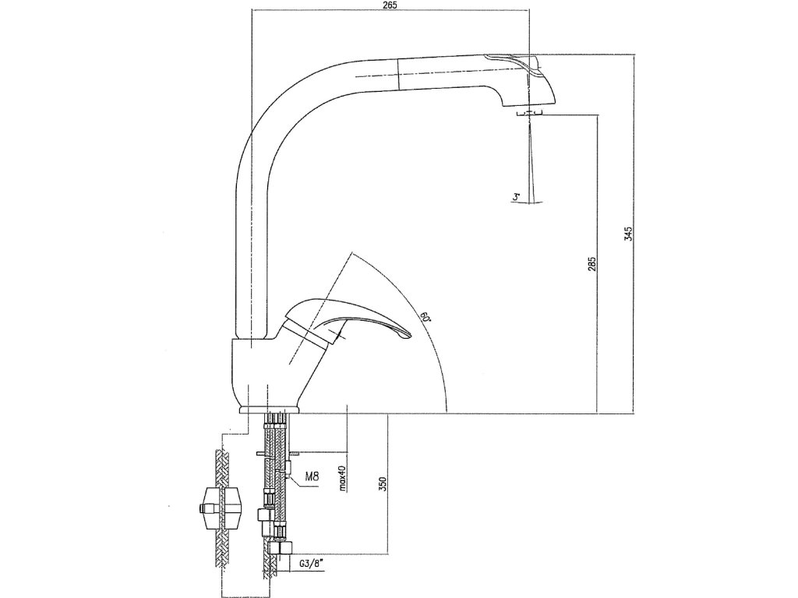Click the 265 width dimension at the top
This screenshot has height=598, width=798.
point(390,6)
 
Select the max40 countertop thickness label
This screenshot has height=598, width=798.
point(342,473)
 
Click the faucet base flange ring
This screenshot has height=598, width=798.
point(269,408)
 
